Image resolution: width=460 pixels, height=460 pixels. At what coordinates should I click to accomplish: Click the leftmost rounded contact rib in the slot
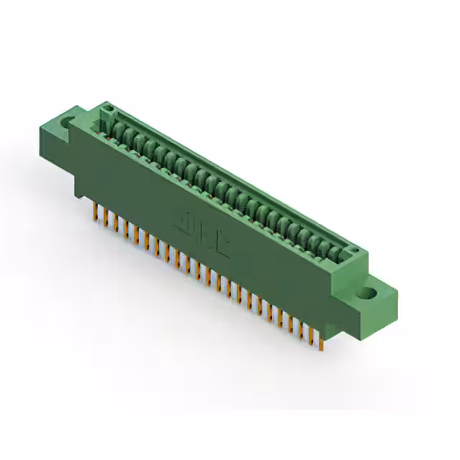pos(115,130)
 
